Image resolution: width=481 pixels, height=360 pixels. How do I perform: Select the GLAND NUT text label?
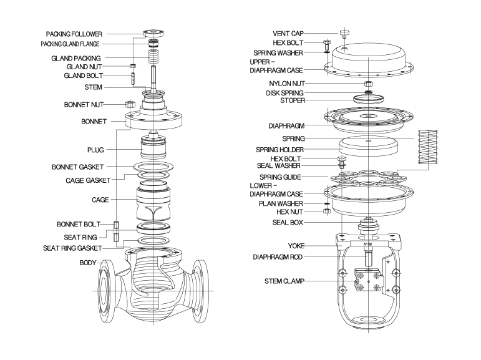(84, 66)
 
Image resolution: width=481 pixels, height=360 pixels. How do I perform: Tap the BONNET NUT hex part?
(132, 104)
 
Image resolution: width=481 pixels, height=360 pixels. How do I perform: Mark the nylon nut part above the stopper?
(368, 84)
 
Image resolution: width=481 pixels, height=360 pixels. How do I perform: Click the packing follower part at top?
(153, 32)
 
